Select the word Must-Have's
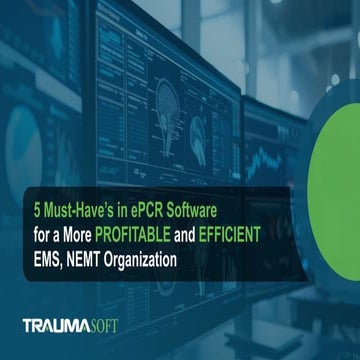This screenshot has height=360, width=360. point(74,212)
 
